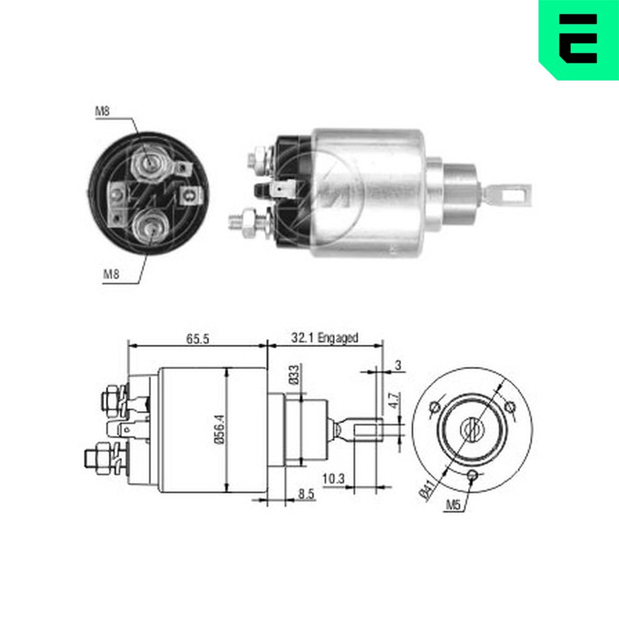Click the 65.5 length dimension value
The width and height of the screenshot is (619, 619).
coord(197,339)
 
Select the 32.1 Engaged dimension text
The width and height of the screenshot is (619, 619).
coord(324,338)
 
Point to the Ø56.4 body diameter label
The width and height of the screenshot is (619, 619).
coord(220,429)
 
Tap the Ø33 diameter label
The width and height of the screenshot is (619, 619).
coord(294,374)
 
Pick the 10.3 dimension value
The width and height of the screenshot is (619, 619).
coord(334,479)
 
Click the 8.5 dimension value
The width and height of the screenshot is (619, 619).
coord(306,494)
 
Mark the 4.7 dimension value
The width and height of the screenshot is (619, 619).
coord(394,400)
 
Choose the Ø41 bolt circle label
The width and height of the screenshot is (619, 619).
coord(427,490)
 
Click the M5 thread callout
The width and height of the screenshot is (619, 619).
coord(453,504)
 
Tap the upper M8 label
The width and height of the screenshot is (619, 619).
coord(102,111)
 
